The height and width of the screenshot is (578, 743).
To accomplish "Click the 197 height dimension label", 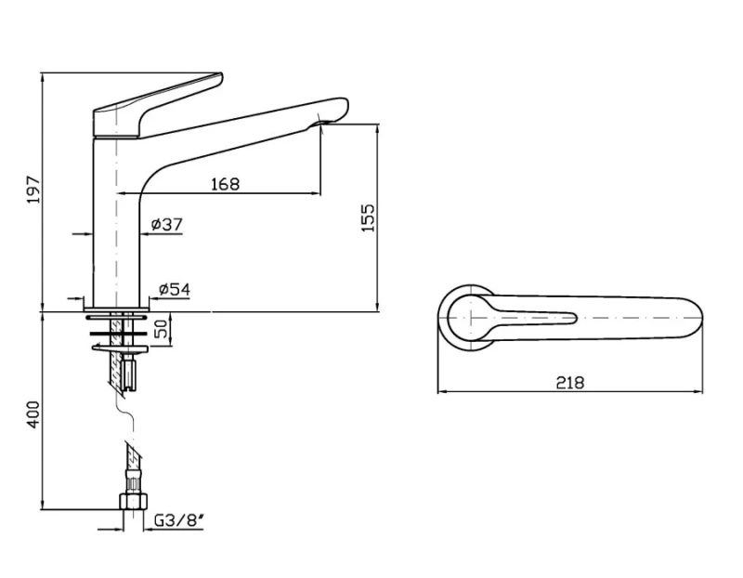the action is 34,190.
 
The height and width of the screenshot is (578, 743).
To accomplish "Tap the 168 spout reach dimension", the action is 225,183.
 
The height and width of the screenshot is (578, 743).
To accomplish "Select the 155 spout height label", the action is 368,217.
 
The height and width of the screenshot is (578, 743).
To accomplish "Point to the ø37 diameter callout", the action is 166,224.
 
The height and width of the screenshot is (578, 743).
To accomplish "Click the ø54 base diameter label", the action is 175,289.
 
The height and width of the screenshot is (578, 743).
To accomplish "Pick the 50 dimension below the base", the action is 162,329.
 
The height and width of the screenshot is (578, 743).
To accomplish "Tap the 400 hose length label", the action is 33,414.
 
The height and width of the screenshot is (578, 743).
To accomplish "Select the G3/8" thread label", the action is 179,520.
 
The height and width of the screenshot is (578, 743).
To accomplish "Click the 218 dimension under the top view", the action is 570,382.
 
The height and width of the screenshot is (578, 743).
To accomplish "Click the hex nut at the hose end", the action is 133,501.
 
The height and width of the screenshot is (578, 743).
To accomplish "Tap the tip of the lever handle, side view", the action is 221,75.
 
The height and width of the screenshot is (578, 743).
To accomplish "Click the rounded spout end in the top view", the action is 697,317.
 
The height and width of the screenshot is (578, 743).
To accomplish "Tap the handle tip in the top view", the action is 574,318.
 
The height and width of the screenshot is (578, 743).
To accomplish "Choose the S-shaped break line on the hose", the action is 125,412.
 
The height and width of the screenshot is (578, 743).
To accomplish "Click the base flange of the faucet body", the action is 117,309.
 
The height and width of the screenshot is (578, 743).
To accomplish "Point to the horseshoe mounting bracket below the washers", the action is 121,349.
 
